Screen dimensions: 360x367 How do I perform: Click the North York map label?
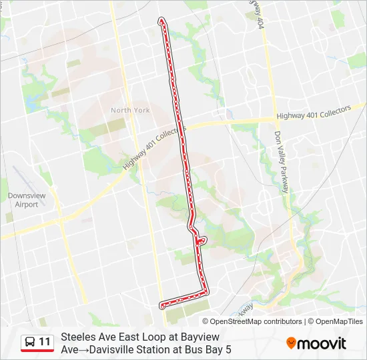(130, 110)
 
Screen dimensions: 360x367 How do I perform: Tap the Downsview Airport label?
(23, 200)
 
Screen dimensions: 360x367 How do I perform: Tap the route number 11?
(45, 342)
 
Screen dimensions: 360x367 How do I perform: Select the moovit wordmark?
(322, 343)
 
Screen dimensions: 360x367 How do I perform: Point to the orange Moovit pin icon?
(291, 343)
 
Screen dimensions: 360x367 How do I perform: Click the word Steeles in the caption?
(78, 337)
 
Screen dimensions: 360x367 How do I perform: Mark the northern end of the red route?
(161, 21)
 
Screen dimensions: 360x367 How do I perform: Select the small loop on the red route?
(202, 240)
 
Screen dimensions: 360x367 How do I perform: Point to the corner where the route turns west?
(206, 291)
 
